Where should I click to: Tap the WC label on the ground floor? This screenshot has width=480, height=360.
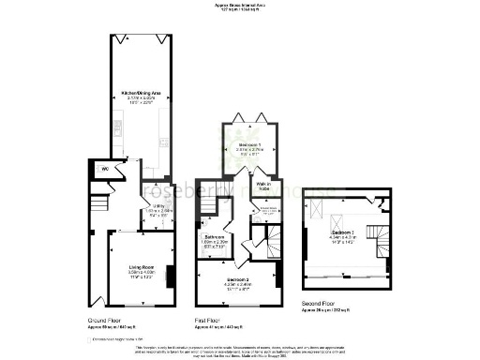click(105, 170)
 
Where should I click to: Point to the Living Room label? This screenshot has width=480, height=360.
click(142, 269)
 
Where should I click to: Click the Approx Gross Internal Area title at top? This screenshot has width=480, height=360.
click(238, 6)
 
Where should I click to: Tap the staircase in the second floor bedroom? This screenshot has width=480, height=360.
click(382, 238)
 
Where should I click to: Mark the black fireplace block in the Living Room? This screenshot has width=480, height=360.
click(170, 277)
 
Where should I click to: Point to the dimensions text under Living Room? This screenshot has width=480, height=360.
click(142, 276)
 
